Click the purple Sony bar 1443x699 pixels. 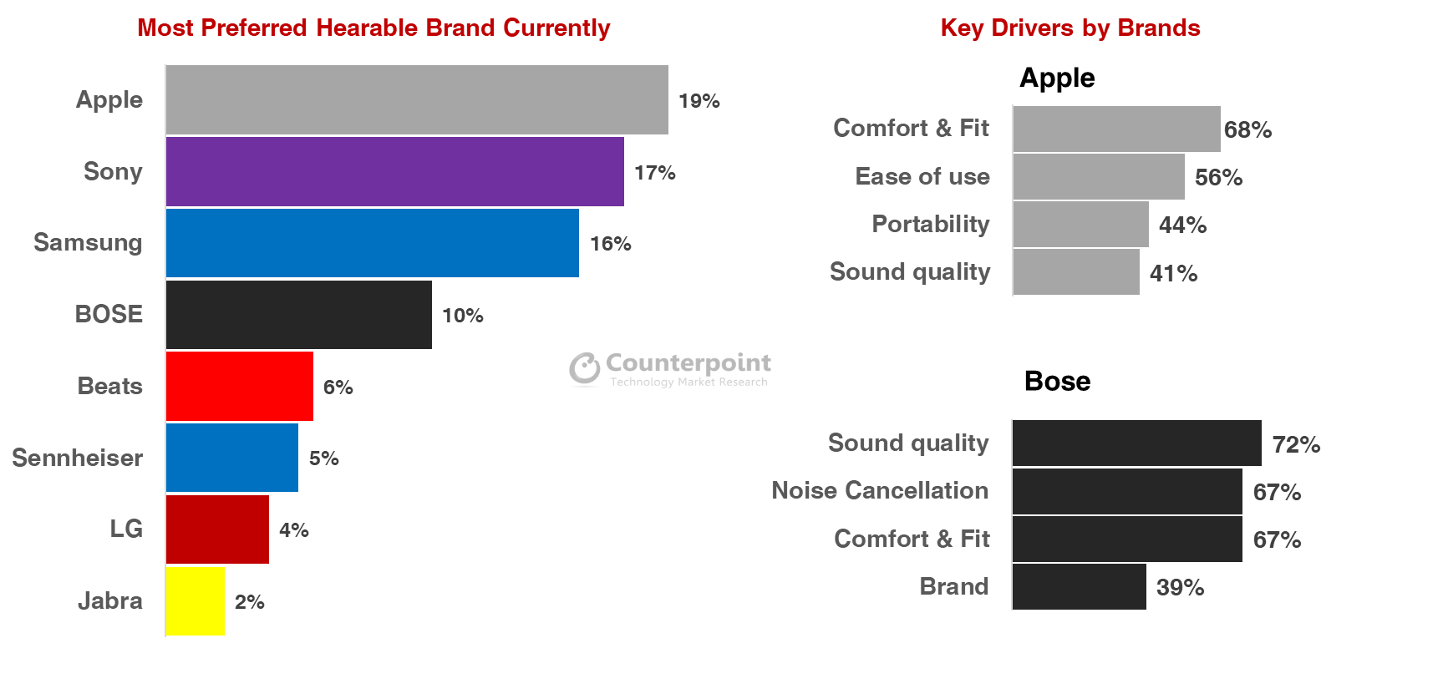pos(394,171)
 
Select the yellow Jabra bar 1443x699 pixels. pos(196,601)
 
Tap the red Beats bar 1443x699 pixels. pos(239,386)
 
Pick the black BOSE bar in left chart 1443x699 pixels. pos(298,315)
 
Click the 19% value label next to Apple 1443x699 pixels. pos(699,101)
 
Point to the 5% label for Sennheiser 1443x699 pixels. pos(323,458)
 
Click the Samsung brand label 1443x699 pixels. pos(88,242)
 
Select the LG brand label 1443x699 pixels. pos(126,529)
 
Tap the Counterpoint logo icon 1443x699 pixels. pos(584,368)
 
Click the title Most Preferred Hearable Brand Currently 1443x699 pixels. pos(373,28)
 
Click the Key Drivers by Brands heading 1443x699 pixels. pos(1070,28)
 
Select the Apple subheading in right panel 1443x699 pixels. pos(1057,78)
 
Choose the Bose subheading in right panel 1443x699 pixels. pos(1057,381)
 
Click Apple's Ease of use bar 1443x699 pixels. pos(1098,176)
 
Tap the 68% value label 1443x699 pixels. pos(1247,129)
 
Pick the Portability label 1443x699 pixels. pos(930,224)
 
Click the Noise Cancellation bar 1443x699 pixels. pos(1126,491)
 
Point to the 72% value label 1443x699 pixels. pos(1296,444)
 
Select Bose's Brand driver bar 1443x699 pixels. pos(1079,586)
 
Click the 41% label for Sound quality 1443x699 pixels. pos(1173,273)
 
